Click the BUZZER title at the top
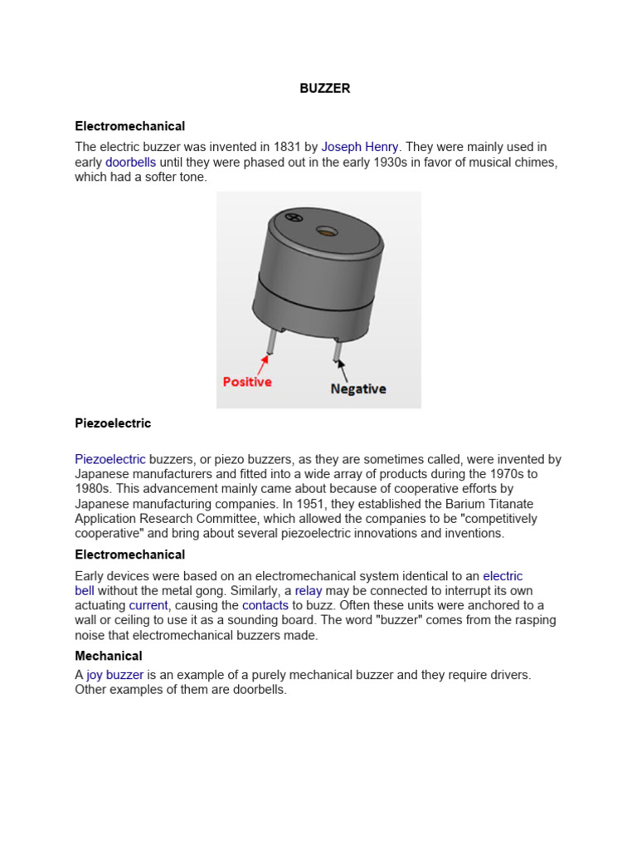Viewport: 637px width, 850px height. point(324,89)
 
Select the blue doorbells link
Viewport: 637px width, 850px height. point(130,162)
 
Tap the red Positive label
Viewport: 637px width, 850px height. point(247,382)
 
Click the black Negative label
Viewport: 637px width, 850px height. point(358,388)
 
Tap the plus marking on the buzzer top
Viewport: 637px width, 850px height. point(292,217)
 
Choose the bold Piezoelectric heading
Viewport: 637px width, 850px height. point(113,423)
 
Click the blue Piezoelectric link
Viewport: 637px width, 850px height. point(110,459)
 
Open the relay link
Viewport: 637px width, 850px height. point(309,591)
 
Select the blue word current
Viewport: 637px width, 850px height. point(148,606)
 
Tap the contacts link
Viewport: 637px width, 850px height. point(265,606)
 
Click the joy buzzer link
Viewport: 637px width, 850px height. point(115,675)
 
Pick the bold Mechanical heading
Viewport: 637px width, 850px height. point(109,656)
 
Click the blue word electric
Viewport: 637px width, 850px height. point(503,576)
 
